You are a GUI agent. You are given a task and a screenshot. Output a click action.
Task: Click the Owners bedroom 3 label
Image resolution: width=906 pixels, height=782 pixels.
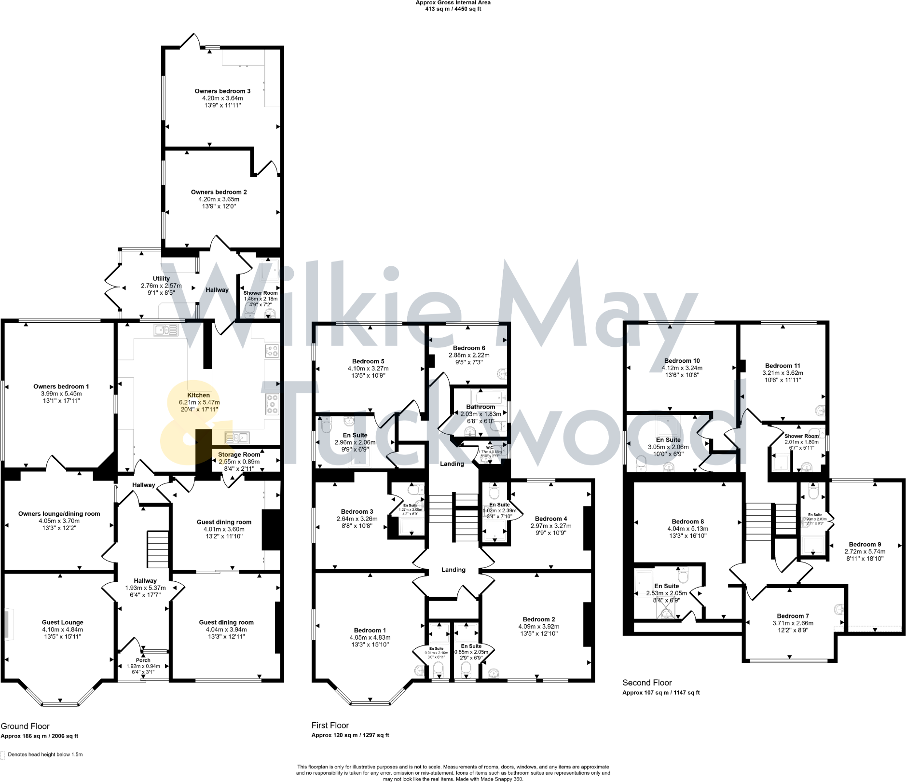pyautogui.click(x=222, y=91)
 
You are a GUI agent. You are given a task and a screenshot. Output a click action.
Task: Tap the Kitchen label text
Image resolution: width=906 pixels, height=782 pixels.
pyautogui.click(x=198, y=395)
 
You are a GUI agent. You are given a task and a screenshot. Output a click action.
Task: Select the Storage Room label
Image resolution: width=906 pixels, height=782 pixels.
pyautogui.click(x=239, y=454)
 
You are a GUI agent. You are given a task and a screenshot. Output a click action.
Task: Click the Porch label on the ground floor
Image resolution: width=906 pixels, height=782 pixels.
pyautogui.click(x=143, y=660)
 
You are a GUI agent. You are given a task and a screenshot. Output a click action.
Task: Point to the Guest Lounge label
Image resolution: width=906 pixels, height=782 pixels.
pyautogui.click(x=62, y=622)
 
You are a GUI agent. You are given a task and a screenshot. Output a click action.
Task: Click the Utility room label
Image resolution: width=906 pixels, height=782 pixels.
pyautogui.click(x=161, y=278)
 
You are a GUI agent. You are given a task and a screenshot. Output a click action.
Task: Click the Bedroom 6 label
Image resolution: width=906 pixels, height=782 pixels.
pyautogui.click(x=469, y=348)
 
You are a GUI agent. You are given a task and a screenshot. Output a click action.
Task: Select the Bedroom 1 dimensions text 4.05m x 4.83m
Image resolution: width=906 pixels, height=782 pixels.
pyautogui.click(x=370, y=637)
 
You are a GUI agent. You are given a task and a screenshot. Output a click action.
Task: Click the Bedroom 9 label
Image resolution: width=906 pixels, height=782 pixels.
pyautogui.click(x=865, y=544)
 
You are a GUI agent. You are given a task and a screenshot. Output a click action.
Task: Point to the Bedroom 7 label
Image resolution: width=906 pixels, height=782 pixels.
pyautogui.click(x=793, y=616)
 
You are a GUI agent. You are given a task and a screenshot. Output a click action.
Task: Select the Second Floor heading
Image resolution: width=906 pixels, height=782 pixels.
pyautogui.click(x=647, y=682)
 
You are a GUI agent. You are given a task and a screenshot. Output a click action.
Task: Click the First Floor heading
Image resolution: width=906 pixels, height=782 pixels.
pyautogui.click(x=330, y=725)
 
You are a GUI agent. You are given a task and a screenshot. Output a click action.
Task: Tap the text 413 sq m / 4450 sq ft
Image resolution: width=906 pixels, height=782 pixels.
pyautogui.click(x=453, y=9)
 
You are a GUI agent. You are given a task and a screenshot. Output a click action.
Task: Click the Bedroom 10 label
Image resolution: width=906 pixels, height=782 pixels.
pyautogui.click(x=682, y=360)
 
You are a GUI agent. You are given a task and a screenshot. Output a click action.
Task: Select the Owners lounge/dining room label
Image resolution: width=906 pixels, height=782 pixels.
pyautogui.click(x=59, y=514)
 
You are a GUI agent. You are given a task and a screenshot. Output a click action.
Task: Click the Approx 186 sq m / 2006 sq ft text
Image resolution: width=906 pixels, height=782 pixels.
pyautogui.click(x=39, y=736)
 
